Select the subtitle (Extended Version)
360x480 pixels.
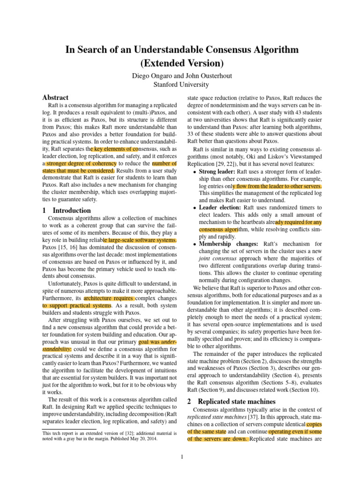click(x=180, y=62)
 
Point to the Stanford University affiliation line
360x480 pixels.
click(x=180, y=84)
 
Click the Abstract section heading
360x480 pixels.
click(x=55, y=97)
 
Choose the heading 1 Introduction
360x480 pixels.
click(x=67, y=210)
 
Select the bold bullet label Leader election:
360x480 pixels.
click(x=219, y=207)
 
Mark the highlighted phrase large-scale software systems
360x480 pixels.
click(x=141, y=240)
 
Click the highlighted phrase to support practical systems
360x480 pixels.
click(x=77, y=305)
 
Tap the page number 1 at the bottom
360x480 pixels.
click(x=180, y=458)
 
